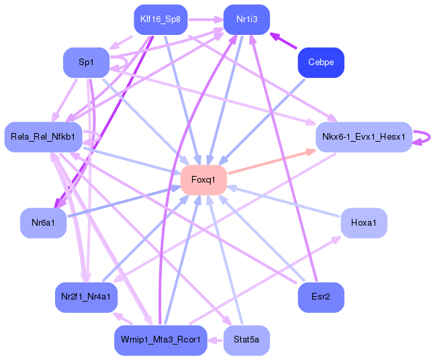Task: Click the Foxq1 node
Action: point(203,179)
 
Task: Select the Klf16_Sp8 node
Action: point(160,19)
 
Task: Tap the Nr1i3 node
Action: point(247,19)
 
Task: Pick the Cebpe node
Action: point(321,62)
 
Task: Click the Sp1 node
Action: point(86,62)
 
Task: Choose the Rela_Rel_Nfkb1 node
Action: point(43,137)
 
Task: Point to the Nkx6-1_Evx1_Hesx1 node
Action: point(363,137)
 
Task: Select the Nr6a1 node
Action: point(43,222)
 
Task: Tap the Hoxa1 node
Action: point(364,222)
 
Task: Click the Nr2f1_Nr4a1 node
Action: point(86,296)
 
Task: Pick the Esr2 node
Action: point(321,296)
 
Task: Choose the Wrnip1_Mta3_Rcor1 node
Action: point(160,340)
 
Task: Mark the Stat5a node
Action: point(247,340)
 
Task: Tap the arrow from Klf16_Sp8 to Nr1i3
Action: point(204,19)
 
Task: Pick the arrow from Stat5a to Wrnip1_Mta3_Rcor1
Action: point(215,340)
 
